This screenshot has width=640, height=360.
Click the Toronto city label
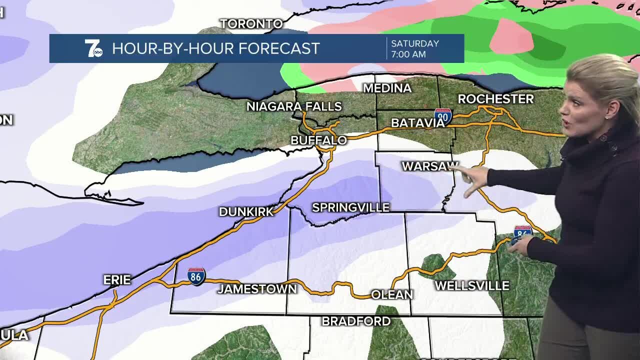251,23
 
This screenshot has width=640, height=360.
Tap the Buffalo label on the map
318,140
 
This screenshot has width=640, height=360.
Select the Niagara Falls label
294,106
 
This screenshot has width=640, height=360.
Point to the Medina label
387,88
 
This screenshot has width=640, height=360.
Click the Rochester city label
495,99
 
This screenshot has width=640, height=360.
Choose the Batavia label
417,123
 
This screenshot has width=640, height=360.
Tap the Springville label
350,207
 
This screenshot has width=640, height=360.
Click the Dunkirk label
246,211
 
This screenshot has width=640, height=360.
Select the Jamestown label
257,289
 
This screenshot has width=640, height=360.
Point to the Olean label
392,295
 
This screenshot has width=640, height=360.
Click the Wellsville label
472,286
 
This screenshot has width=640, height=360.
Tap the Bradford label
356,321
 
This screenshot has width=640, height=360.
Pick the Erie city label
117,280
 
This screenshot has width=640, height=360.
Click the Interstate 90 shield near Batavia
443,116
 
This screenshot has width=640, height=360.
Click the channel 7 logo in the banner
93,48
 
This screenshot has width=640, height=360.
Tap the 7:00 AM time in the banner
408,54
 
